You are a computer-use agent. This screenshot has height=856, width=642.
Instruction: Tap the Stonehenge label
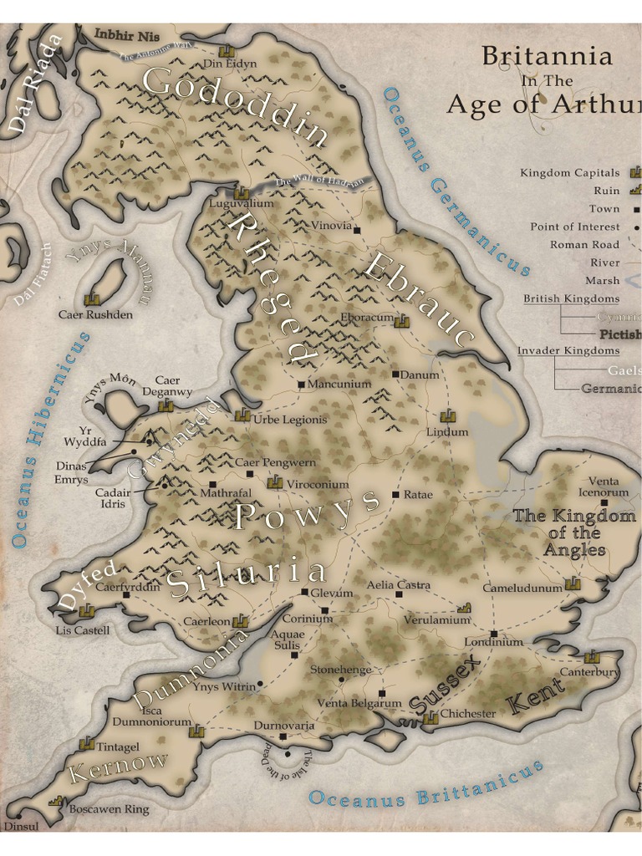pos(340,670)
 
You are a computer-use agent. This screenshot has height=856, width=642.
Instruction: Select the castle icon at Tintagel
pos(86,743)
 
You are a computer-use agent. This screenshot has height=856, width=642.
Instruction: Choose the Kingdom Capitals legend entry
pos(570,173)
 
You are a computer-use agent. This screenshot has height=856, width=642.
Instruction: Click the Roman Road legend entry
pos(584,245)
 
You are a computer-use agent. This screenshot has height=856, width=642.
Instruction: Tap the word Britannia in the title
pos(547,57)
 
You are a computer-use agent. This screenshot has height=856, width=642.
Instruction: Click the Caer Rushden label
pos(95,315)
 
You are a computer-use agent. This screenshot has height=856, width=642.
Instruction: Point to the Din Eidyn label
pos(230,64)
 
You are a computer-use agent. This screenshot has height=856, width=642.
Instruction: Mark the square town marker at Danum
pos(395,374)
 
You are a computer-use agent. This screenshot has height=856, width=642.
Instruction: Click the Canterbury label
pos(589,671)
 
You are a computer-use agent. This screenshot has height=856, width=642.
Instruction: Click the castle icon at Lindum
pos(447,415)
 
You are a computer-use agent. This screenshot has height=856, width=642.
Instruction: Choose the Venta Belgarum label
pos(359,704)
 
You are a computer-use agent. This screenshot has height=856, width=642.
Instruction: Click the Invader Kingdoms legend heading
pos(568,351)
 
